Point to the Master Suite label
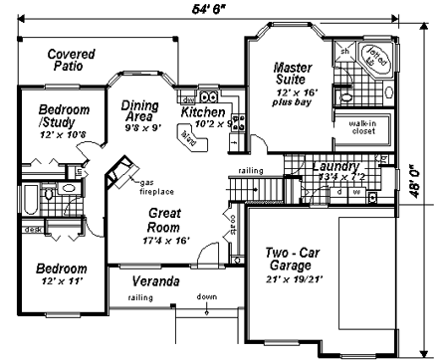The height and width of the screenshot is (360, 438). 294,75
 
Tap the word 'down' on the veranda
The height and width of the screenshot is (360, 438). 207,296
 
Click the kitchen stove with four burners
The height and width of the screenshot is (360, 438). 238,122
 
